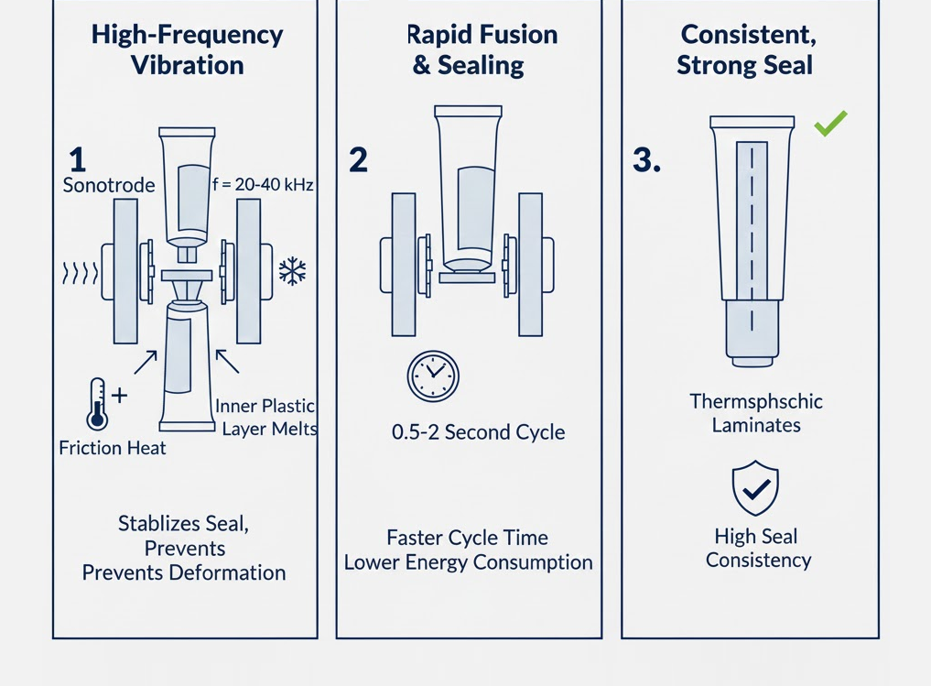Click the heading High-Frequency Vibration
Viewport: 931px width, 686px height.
point(187,50)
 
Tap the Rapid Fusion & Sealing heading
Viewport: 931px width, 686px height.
point(482,50)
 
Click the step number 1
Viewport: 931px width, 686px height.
point(77,160)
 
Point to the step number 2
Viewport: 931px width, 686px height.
point(358,160)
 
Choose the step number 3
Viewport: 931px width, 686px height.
point(646,160)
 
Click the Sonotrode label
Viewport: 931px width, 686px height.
point(109,186)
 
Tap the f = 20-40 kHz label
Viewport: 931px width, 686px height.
point(262,185)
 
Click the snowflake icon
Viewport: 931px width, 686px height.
point(292,271)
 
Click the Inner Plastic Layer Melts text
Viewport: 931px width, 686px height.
point(266,417)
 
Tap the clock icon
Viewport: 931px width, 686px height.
point(432,376)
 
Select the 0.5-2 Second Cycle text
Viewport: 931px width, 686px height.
point(478,432)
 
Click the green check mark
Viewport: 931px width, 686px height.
point(830,123)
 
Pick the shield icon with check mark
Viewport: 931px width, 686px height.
point(755,488)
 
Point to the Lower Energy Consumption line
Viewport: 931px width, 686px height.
point(468,562)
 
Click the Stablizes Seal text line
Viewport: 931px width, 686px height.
point(184,525)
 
